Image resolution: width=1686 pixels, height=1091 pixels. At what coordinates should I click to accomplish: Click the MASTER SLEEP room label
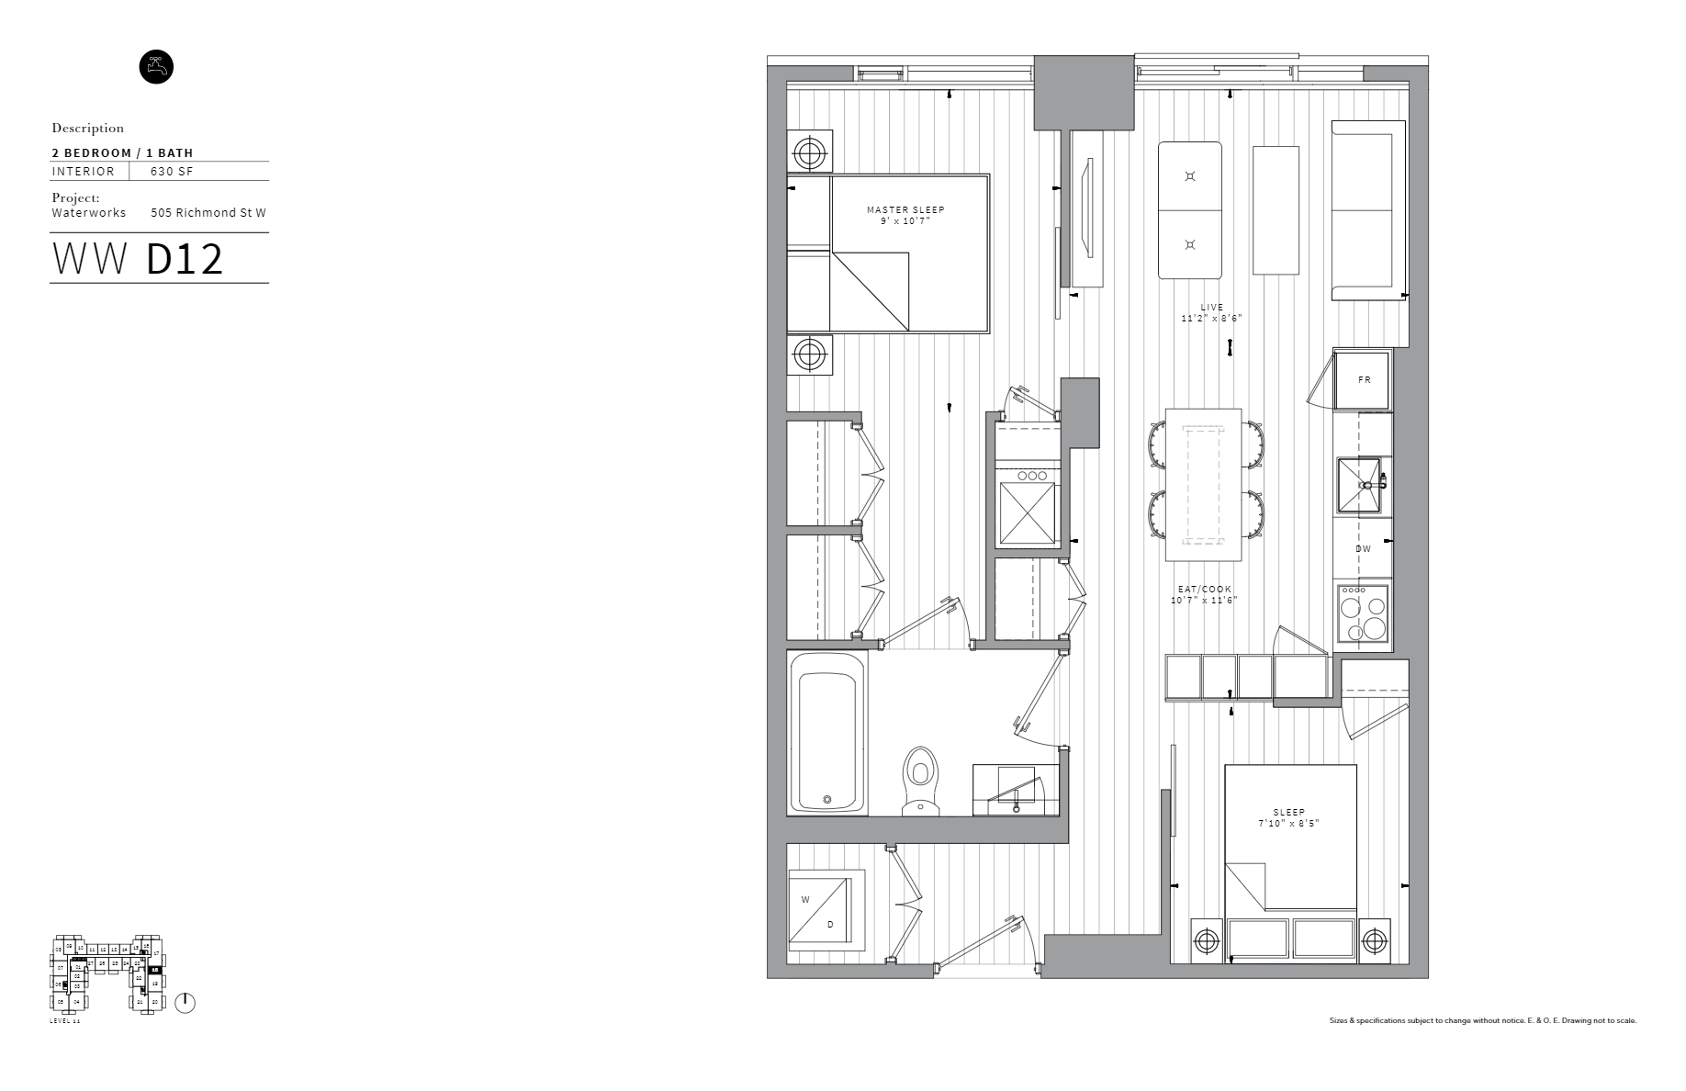coord(905,210)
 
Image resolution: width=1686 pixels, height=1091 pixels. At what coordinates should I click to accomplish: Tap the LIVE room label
coord(1211,308)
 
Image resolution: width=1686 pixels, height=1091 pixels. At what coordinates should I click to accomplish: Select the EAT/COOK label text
coord(1205,590)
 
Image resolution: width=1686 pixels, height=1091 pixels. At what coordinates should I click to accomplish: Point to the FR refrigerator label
coord(1364,379)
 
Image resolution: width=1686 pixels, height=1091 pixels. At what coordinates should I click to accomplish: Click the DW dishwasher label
coord(1363,549)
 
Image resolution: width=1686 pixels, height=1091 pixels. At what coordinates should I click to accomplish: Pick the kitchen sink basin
coord(1360,484)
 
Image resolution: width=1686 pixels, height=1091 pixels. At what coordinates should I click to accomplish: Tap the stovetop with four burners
coord(1363,613)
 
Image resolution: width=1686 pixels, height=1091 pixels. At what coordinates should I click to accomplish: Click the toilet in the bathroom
coord(919,780)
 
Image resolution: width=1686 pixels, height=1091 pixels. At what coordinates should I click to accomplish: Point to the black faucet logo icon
coord(156,67)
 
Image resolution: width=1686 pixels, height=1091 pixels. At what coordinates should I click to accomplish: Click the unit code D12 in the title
coord(185,260)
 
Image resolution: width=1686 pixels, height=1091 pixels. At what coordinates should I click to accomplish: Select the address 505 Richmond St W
coord(208,213)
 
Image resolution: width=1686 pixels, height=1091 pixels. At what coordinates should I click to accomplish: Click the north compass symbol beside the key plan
coord(185,1003)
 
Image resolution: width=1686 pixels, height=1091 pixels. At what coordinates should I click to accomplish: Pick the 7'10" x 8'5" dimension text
coord(1288,823)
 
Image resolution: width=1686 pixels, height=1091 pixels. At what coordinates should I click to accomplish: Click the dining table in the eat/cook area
coord(1203,485)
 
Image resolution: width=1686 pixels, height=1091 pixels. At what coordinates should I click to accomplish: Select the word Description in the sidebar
coord(88,129)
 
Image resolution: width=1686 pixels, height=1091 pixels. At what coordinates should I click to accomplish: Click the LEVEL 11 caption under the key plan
coord(65,1022)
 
